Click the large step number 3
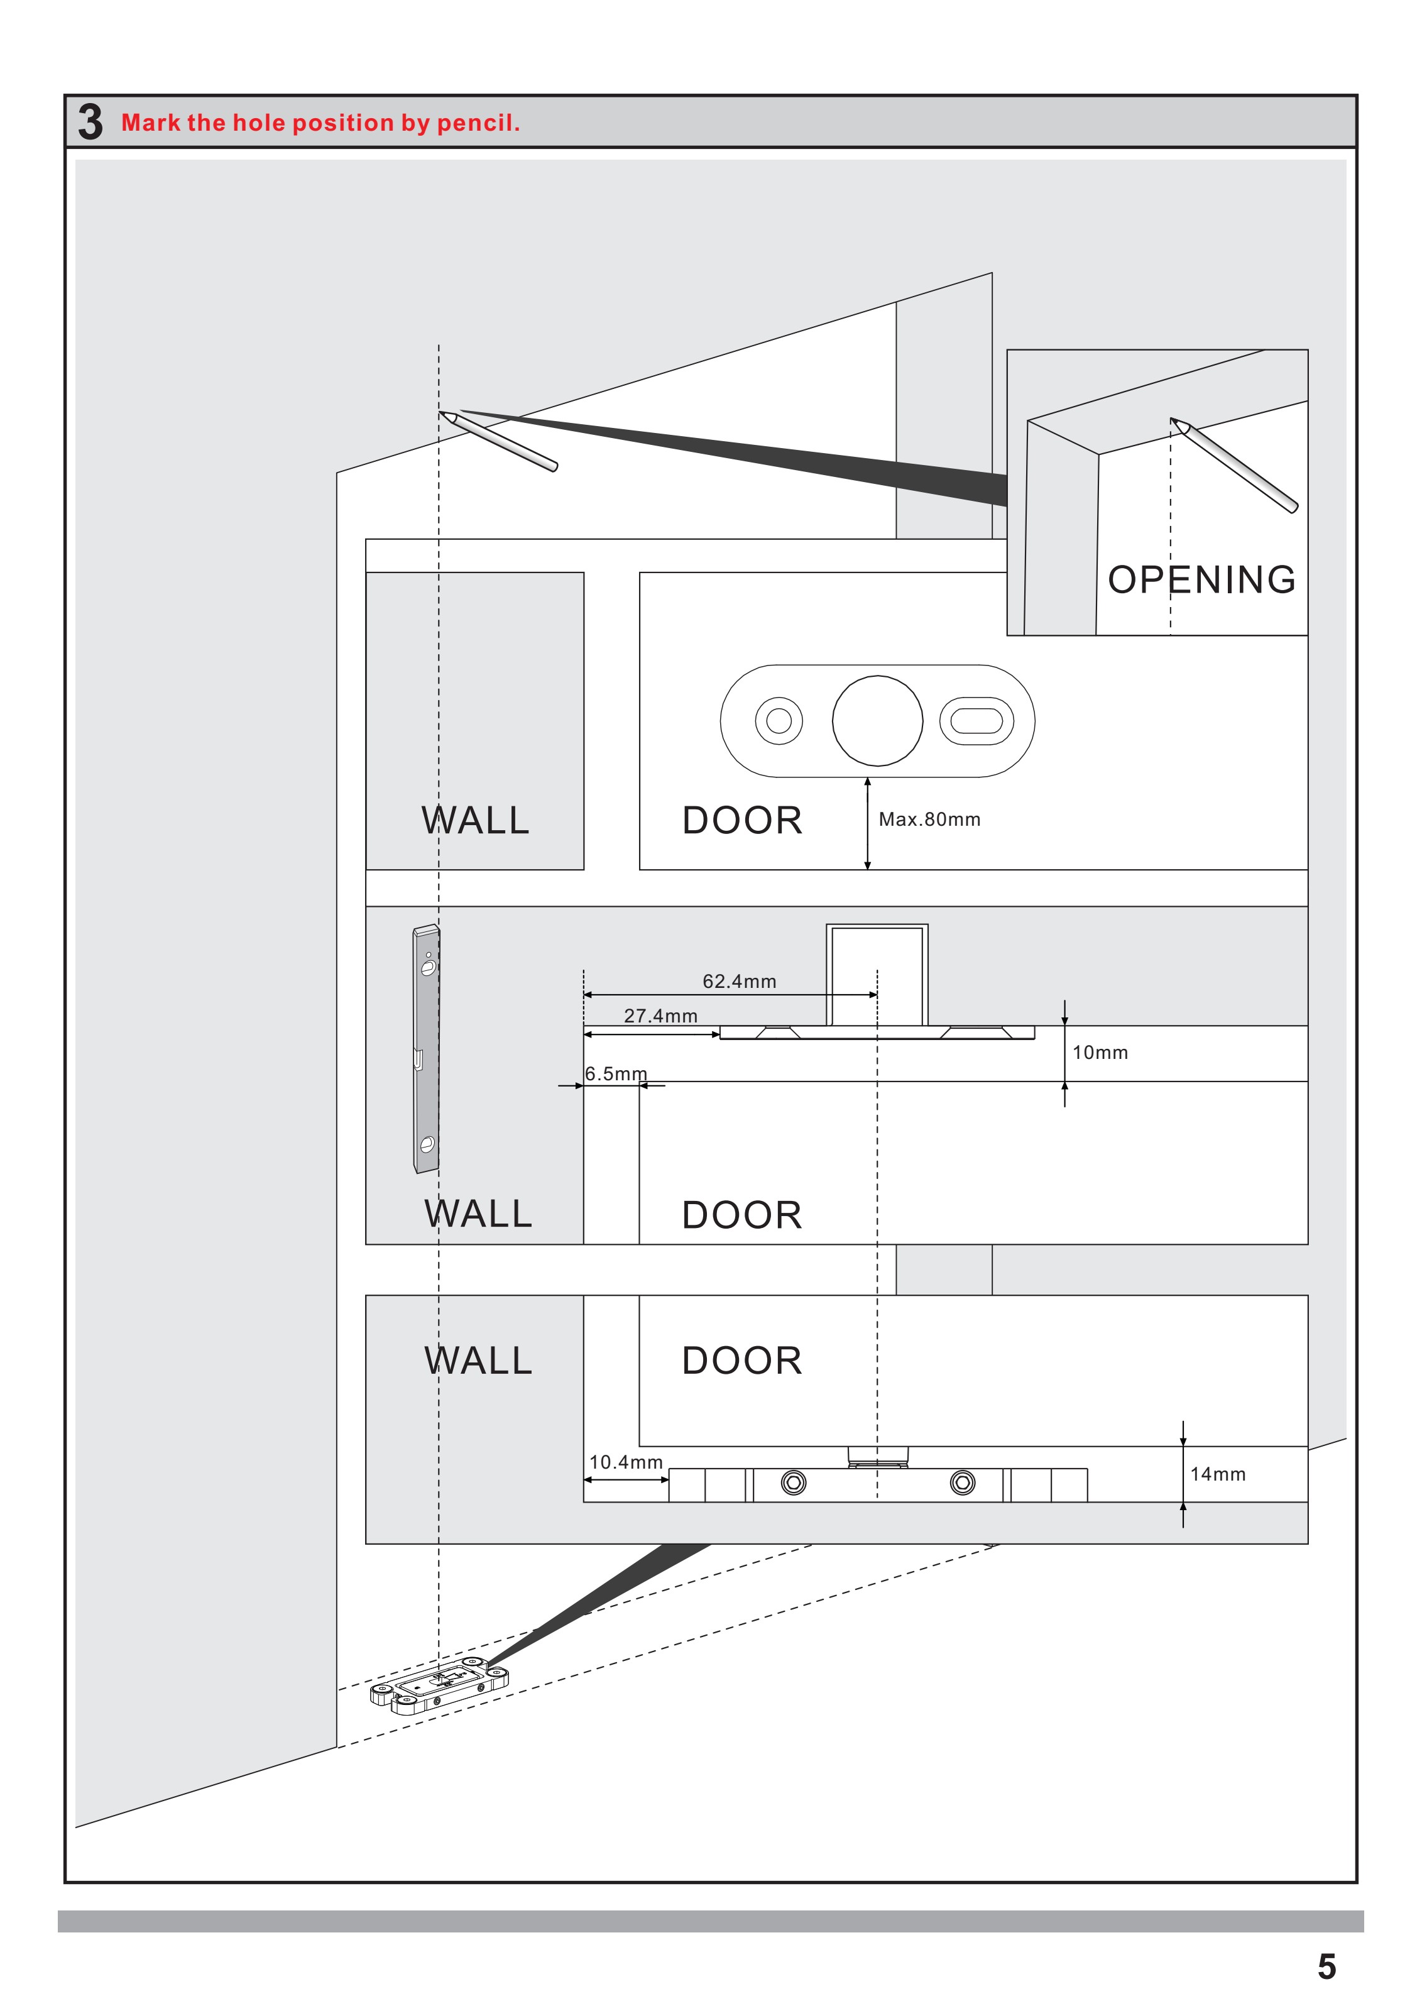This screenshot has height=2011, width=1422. [90, 122]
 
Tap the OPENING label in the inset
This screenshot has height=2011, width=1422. [1201, 580]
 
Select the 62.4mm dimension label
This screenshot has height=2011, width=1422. [739, 981]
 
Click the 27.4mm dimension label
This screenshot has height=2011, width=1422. [660, 1016]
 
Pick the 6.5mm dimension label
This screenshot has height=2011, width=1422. [616, 1074]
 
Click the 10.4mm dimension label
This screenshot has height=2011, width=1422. [625, 1463]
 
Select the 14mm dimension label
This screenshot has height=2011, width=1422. [1217, 1474]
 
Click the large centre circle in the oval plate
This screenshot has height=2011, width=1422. [877, 721]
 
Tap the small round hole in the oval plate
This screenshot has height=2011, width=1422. [779, 721]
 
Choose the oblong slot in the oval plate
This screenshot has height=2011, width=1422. [976, 721]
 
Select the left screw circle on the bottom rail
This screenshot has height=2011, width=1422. [793, 1483]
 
